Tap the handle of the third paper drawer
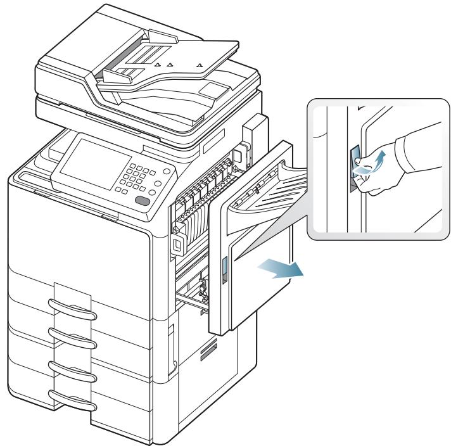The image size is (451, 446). (x=73, y=367)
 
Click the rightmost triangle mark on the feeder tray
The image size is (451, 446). (x=200, y=65)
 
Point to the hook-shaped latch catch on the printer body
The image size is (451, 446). (x=177, y=243)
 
